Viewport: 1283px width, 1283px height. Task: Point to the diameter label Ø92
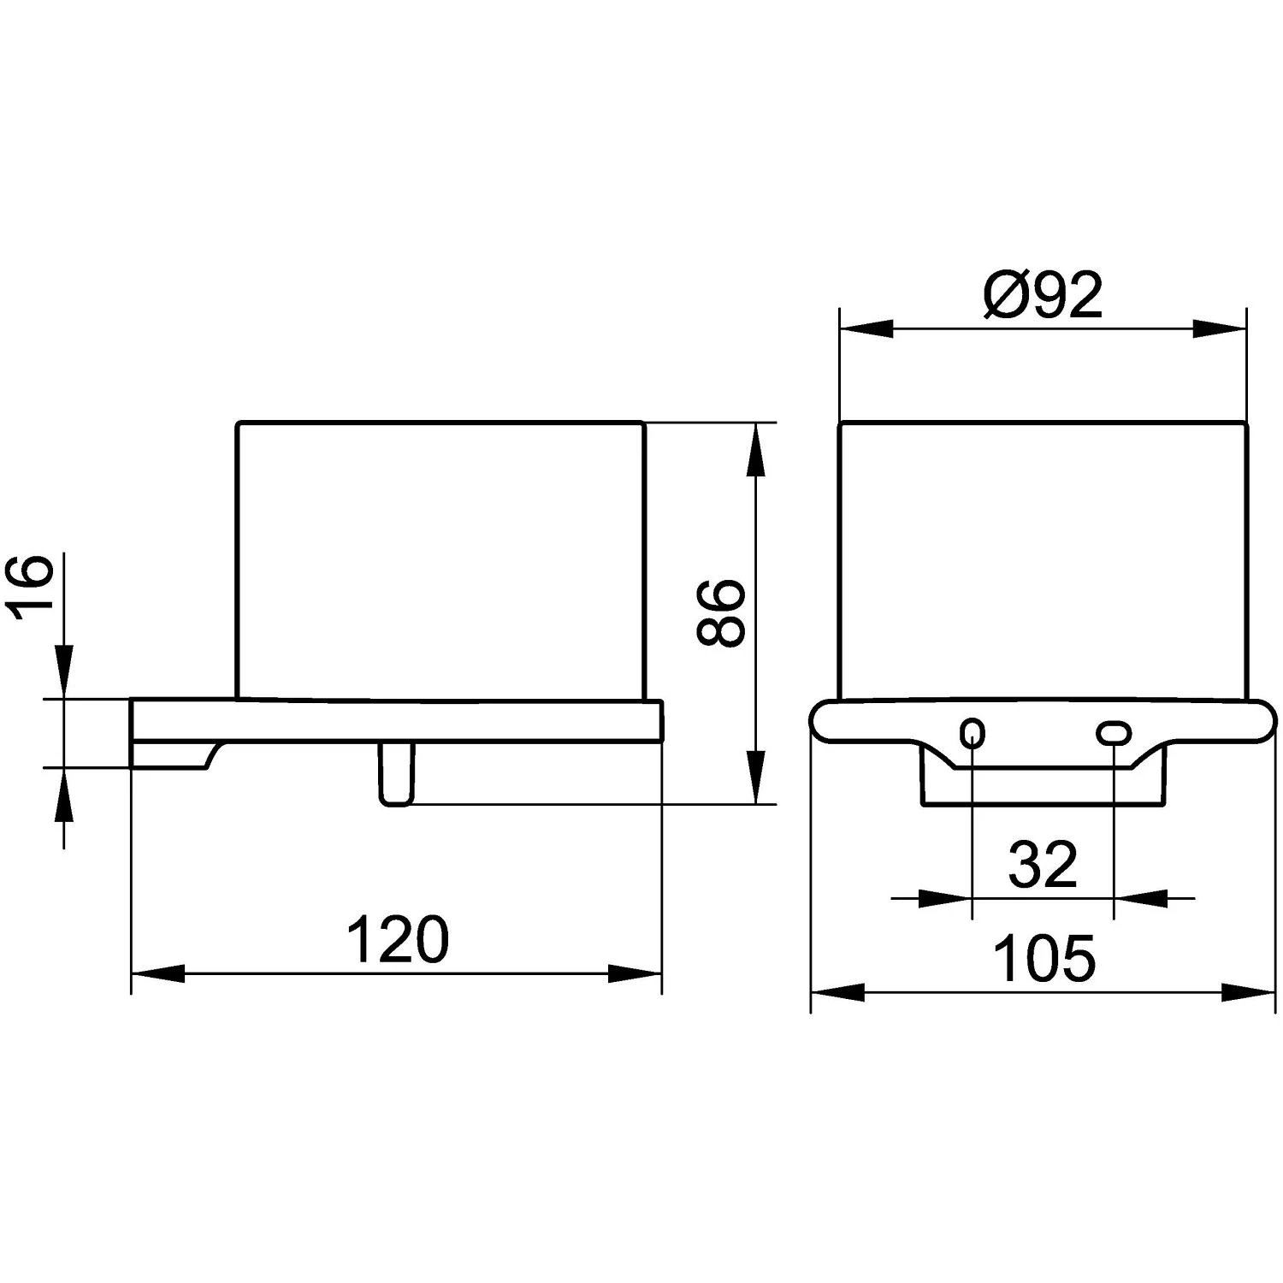(x=1043, y=295)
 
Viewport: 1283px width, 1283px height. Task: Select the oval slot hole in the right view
(x=1114, y=733)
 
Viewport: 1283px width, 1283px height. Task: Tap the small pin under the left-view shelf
(x=396, y=773)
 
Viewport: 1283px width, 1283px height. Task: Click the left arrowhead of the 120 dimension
(x=157, y=973)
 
